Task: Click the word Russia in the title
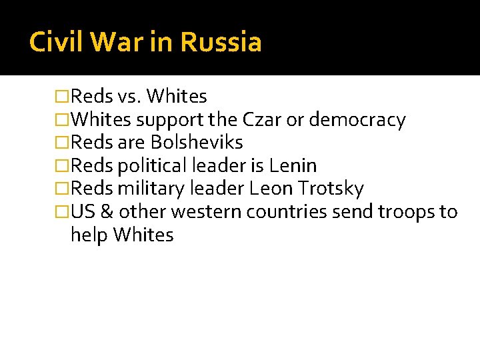pyautogui.click(x=221, y=42)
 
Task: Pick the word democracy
pyautogui.click(x=356, y=121)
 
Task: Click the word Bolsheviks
pyautogui.click(x=197, y=143)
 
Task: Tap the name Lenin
pyautogui.click(x=293, y=165)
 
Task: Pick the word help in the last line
pyautogui.click(x=89, y=235)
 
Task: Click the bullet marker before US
pyautogui.click(x=63, y=212)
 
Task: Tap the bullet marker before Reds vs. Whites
pyautogui.click(x=63, y=97)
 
